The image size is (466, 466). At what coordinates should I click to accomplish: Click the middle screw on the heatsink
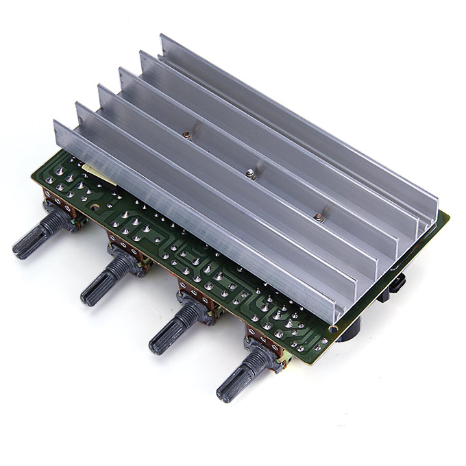pyautogui.click(x=251, y=175)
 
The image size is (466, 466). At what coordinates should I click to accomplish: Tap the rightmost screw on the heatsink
pyautogui.click(x=317, y=219)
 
